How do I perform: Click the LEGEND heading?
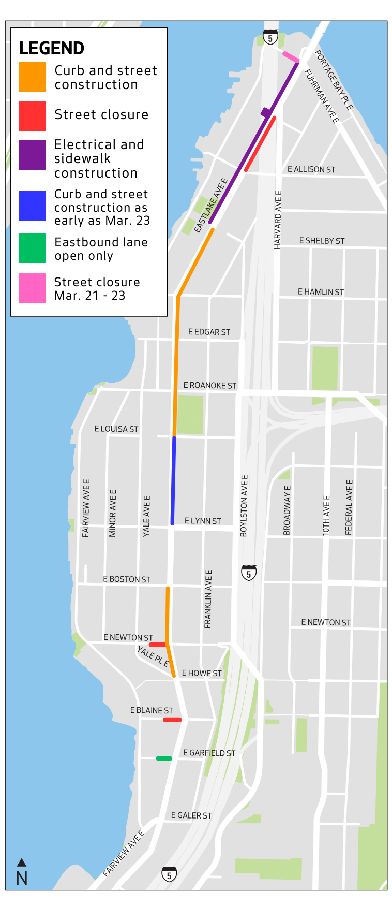(52, 48)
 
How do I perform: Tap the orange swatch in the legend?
(33, 77)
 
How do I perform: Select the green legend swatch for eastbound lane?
(33, 248)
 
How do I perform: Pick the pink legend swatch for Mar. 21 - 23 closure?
(33, 288)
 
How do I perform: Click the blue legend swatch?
(33, 206)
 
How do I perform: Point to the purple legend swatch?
(33, 155)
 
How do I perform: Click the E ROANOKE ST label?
(209, 385)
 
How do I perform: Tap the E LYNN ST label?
(203, 521)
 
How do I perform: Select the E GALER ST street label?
(191, 815)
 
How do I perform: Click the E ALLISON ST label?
(311, 169)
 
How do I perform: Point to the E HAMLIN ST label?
(321, 292)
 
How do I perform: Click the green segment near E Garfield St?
(164, 758)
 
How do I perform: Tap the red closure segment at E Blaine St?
(172, 720)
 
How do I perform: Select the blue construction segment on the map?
(173, 480)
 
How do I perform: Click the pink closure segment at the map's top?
(290, 57)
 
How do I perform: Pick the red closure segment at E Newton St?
(157, 645)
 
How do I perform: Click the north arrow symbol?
(22, 863)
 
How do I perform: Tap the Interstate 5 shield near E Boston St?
(249, 573)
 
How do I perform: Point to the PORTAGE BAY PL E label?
(334, 80)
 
